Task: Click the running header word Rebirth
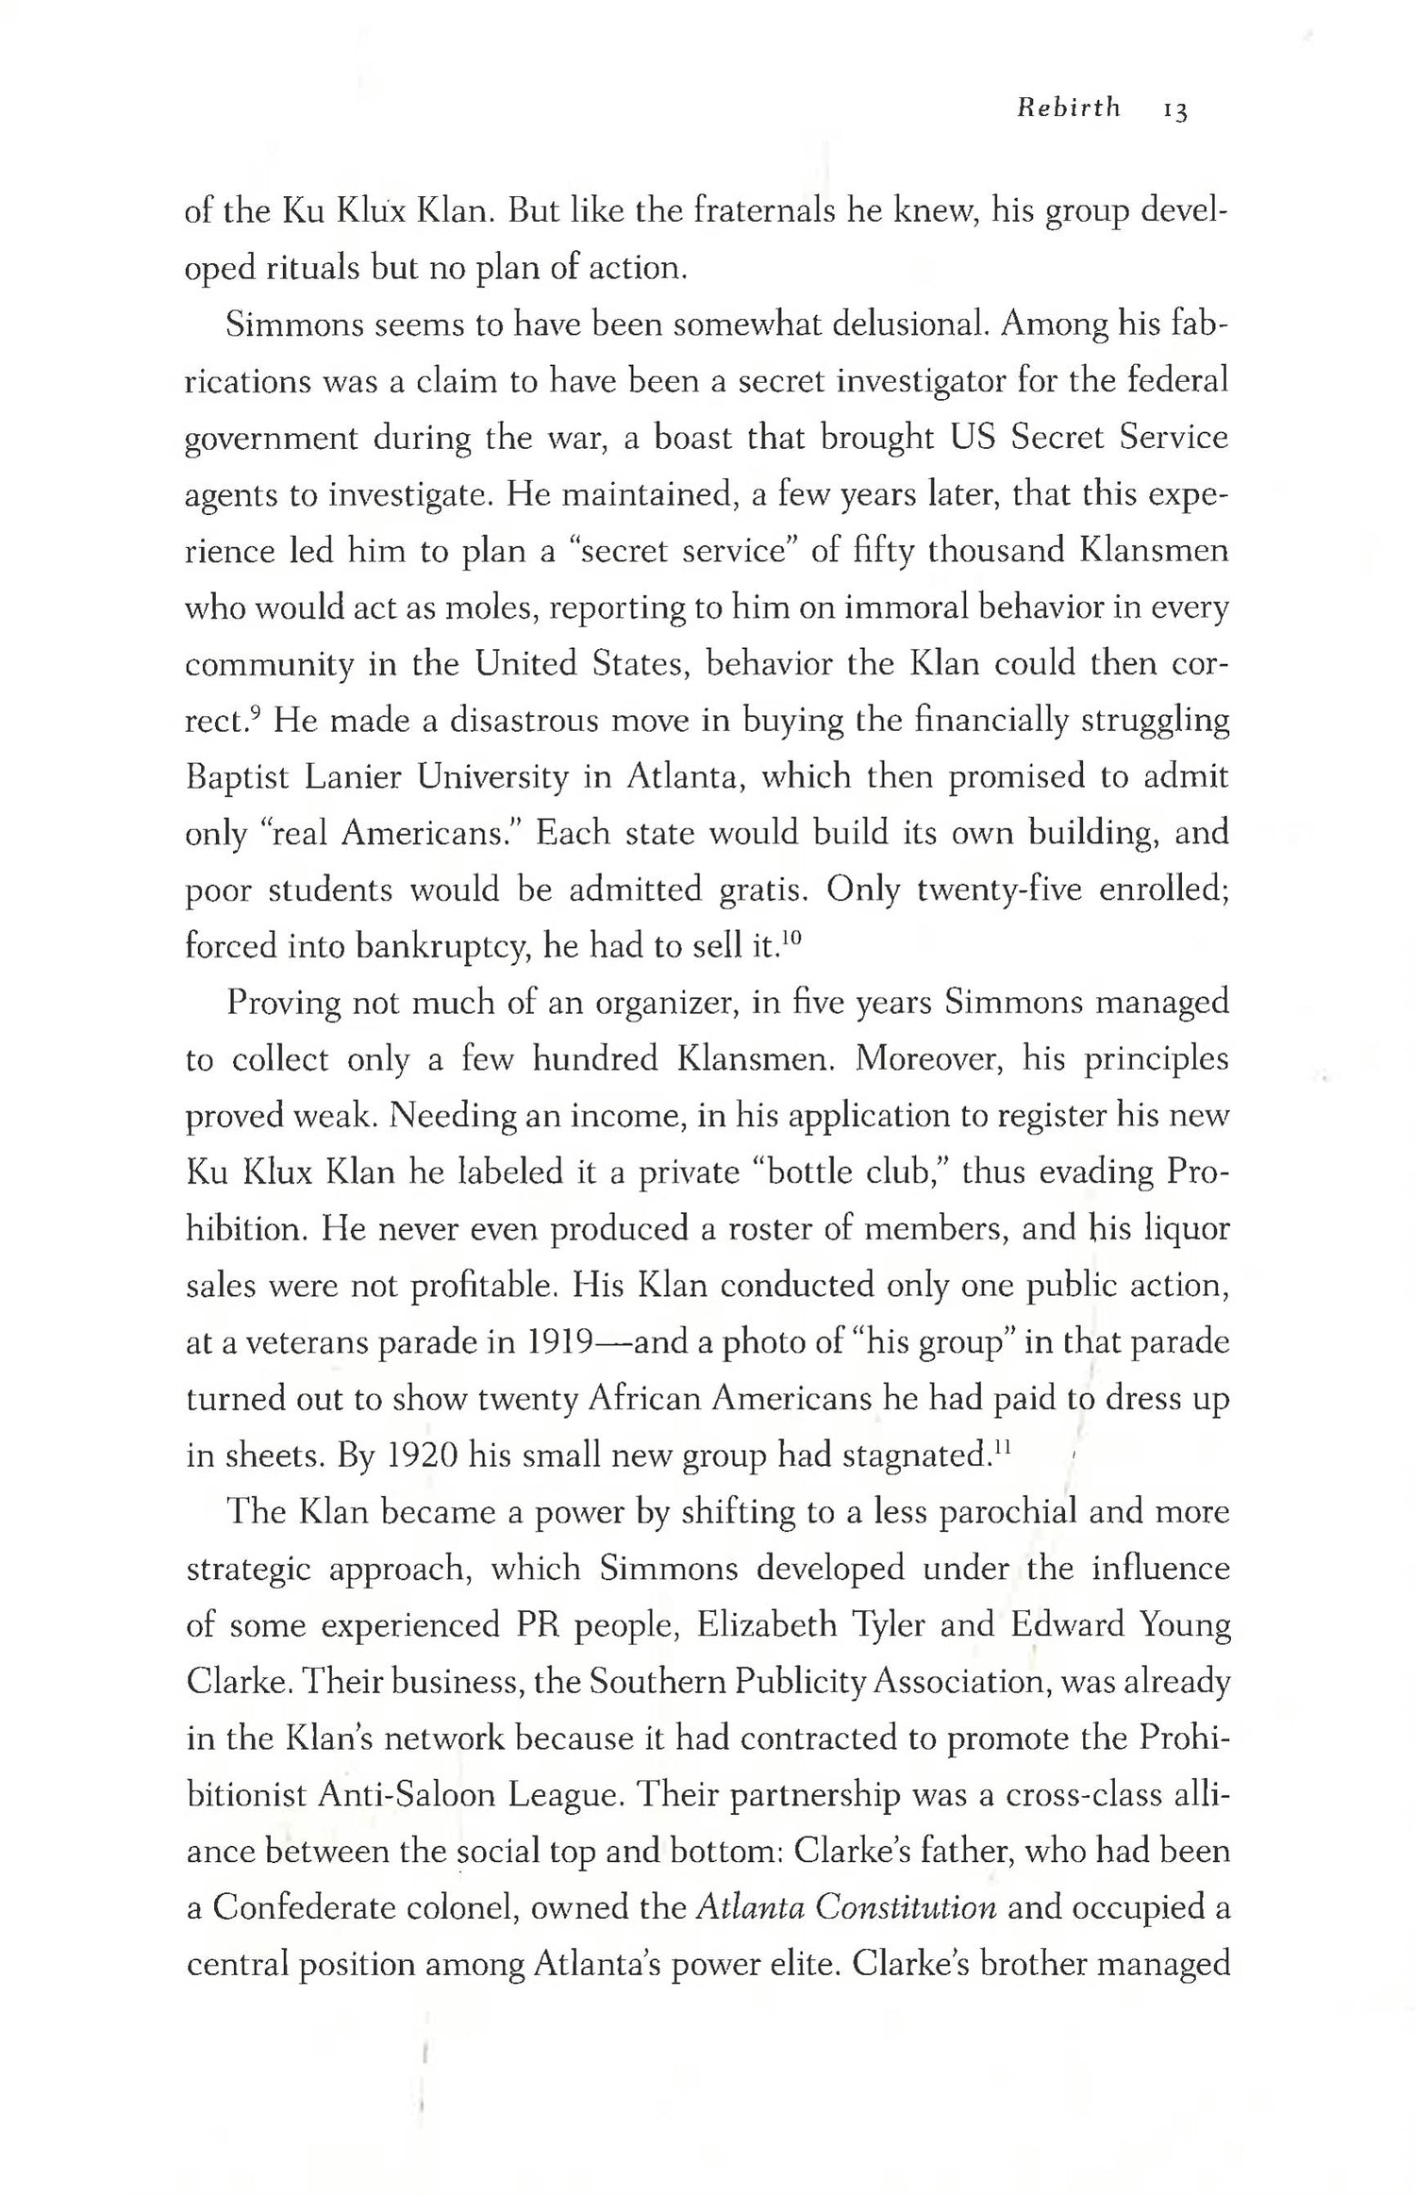pos(1069,108)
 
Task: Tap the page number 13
pos(1175,110)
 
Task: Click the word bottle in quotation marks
pos(805,1172)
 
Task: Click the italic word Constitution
pos(906,1907)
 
